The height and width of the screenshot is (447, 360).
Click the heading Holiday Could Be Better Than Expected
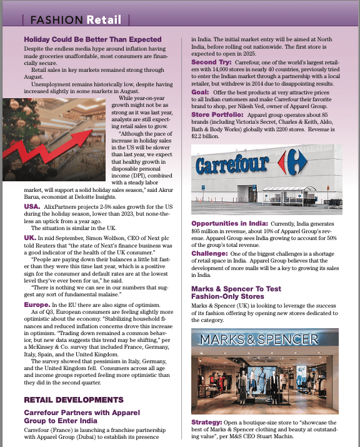point(92,39)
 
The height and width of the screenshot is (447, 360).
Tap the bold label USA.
point(32,206)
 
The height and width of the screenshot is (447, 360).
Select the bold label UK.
point(29,238)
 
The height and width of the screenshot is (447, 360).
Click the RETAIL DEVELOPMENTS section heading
point(73,399)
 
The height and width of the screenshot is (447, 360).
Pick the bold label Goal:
point(203,92)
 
